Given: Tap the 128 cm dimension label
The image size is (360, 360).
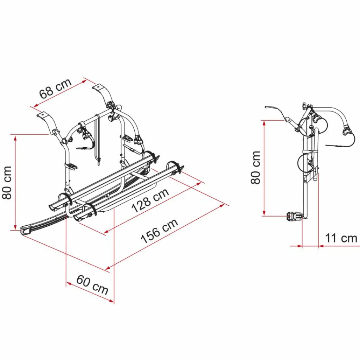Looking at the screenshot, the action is [x=150, y=200].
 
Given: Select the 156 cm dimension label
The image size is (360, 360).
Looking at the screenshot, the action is [x=159, y=231].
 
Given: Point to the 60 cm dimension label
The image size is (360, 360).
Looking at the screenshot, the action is [x=92, y=285].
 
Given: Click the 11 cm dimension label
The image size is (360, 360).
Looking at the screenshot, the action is [x=341, y=238].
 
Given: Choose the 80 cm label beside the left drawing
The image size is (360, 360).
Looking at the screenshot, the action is [x=7, y=183].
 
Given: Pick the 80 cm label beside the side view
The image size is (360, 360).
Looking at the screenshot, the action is [x=256, y=167].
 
